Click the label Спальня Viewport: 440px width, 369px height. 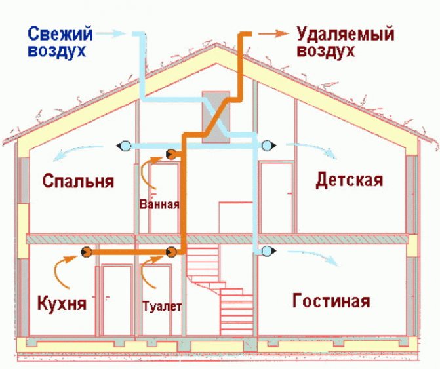[78, 181]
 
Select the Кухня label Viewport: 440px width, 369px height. [62, 303]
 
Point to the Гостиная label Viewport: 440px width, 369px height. [331, 300]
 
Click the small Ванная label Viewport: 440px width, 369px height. [159, 204]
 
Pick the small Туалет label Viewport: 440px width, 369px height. [162, 306]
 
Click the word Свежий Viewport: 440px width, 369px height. [60, 33]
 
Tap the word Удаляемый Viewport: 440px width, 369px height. [346, 34]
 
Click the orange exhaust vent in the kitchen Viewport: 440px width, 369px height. [87, 252]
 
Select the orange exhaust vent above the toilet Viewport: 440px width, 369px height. [171, 252]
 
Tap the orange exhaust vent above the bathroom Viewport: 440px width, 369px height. [171, 154]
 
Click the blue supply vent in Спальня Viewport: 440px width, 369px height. [124, 146]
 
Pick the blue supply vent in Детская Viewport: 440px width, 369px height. [269, 146]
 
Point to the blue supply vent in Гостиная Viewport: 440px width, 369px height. [269, 250]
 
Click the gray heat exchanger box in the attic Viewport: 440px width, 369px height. [216, 117]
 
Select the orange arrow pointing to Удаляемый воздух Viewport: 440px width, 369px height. [273, 33]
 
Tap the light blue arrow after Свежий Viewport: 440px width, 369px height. [110, 33]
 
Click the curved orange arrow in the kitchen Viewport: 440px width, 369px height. [64, 271]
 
